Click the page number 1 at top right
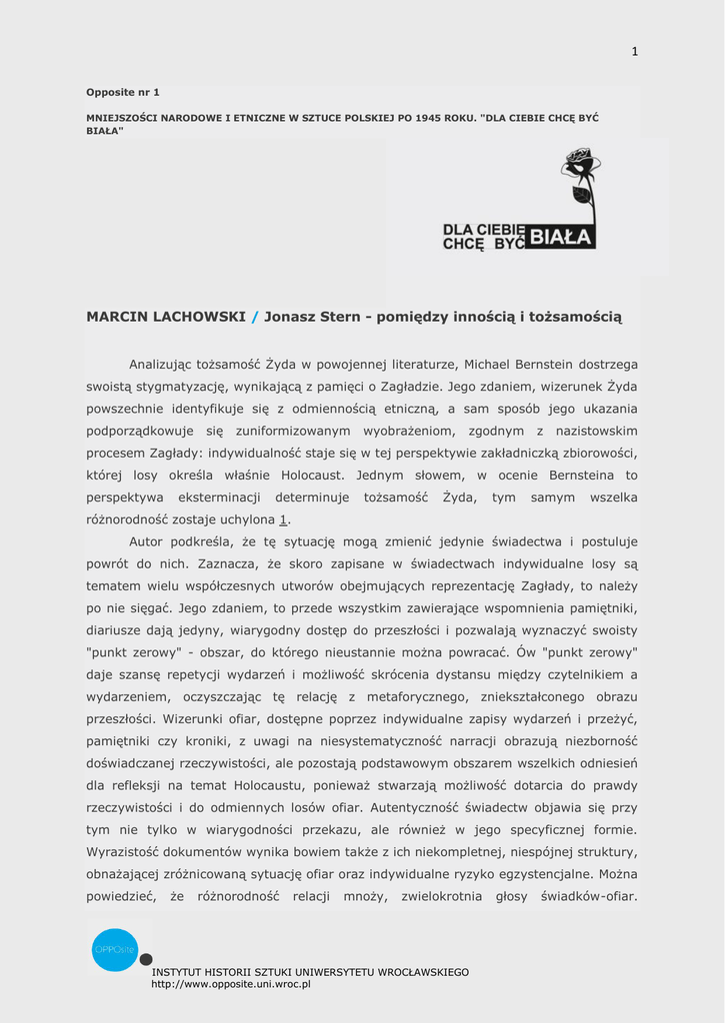tap(634, 52)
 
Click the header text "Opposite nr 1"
tap(123, 92)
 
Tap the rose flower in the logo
tap(580, 162)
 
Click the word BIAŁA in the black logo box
tap(561, 237)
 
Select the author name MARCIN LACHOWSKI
tap(166, 317)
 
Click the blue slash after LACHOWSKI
tap(255, 317)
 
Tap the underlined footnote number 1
tap(283, 519)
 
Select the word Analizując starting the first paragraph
tap(165, 365)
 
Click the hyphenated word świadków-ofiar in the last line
tap(589, 895)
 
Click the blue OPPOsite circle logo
tap(114, 949)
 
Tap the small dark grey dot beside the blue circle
tap(146, 960)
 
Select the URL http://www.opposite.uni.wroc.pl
tap(231, 984)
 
